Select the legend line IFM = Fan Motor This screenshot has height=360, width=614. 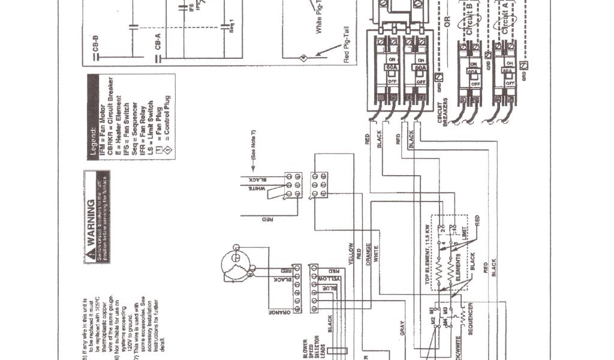[x=101, y=136]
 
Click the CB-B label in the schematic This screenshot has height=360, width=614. [x=97, y=46]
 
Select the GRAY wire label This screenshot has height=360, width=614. [x=402, y=328]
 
